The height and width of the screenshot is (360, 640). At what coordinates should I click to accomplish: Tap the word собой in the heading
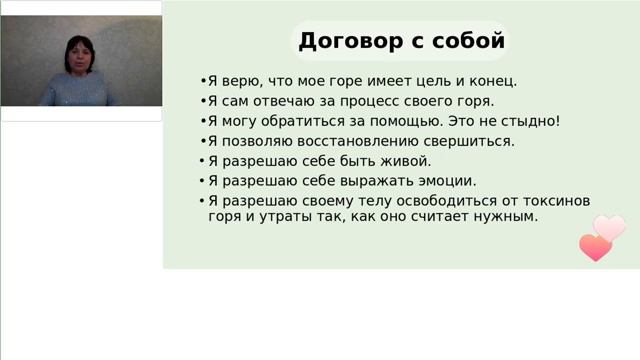469,41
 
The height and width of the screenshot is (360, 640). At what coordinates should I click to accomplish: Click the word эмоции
442,181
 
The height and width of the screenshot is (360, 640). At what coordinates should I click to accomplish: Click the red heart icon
594,247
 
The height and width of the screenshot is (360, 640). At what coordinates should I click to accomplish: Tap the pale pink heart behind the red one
610,228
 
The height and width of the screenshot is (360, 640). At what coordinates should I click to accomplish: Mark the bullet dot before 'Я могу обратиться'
202,121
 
